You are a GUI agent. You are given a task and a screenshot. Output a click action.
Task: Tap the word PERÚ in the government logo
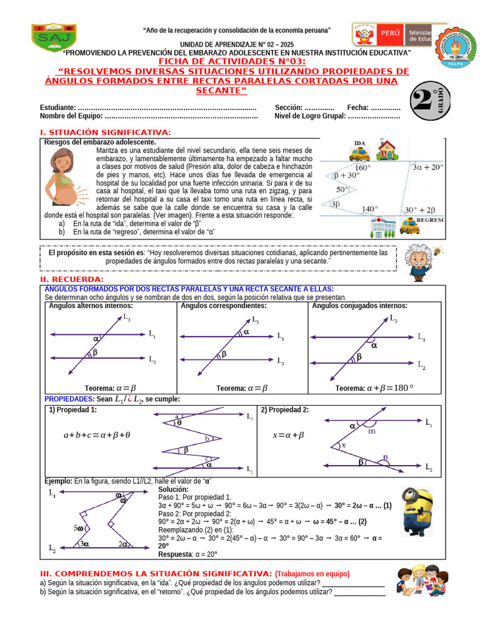tap(389, 31)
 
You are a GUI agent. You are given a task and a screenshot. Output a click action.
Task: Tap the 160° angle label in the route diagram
tap(362, 167)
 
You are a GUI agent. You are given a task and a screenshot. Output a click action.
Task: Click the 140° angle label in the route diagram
tap(370, 209)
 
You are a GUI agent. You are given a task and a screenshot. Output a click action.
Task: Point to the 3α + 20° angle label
tap(427, 167)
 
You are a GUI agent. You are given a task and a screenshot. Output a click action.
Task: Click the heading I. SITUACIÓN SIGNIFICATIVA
tap(105, 132)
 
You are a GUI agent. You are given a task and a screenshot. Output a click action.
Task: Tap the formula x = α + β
tap(288, 435)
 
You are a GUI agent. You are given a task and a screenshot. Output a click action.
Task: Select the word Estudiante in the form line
tap(58, 107)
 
